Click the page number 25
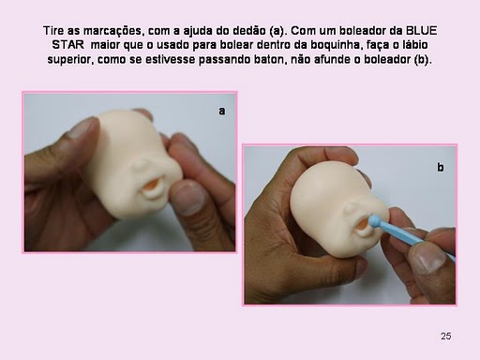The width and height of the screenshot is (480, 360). (446, 336)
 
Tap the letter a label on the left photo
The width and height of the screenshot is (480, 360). (222, 111)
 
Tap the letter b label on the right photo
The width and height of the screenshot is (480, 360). (441, 167)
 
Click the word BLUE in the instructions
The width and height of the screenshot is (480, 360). (421, 31)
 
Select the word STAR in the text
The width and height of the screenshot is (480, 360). (67, 45)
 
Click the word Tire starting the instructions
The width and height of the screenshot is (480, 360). (53, 31)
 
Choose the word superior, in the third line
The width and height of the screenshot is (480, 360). (70, 59)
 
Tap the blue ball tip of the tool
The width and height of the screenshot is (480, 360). (374, 221)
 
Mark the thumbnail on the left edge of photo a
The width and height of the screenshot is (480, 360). (82, 127)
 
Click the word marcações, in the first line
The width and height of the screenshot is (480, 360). (112, 31)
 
